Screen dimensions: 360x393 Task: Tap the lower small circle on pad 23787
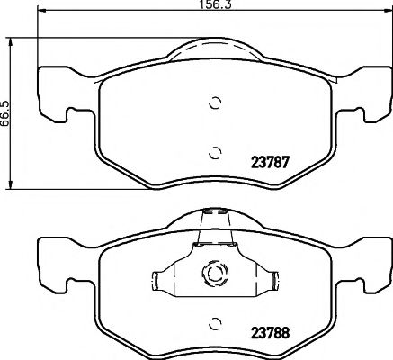(213, 151)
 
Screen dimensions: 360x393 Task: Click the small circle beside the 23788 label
(213, 320)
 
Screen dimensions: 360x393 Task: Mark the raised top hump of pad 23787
(213, 49)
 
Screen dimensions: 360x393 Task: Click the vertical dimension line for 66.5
(16, 112)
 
